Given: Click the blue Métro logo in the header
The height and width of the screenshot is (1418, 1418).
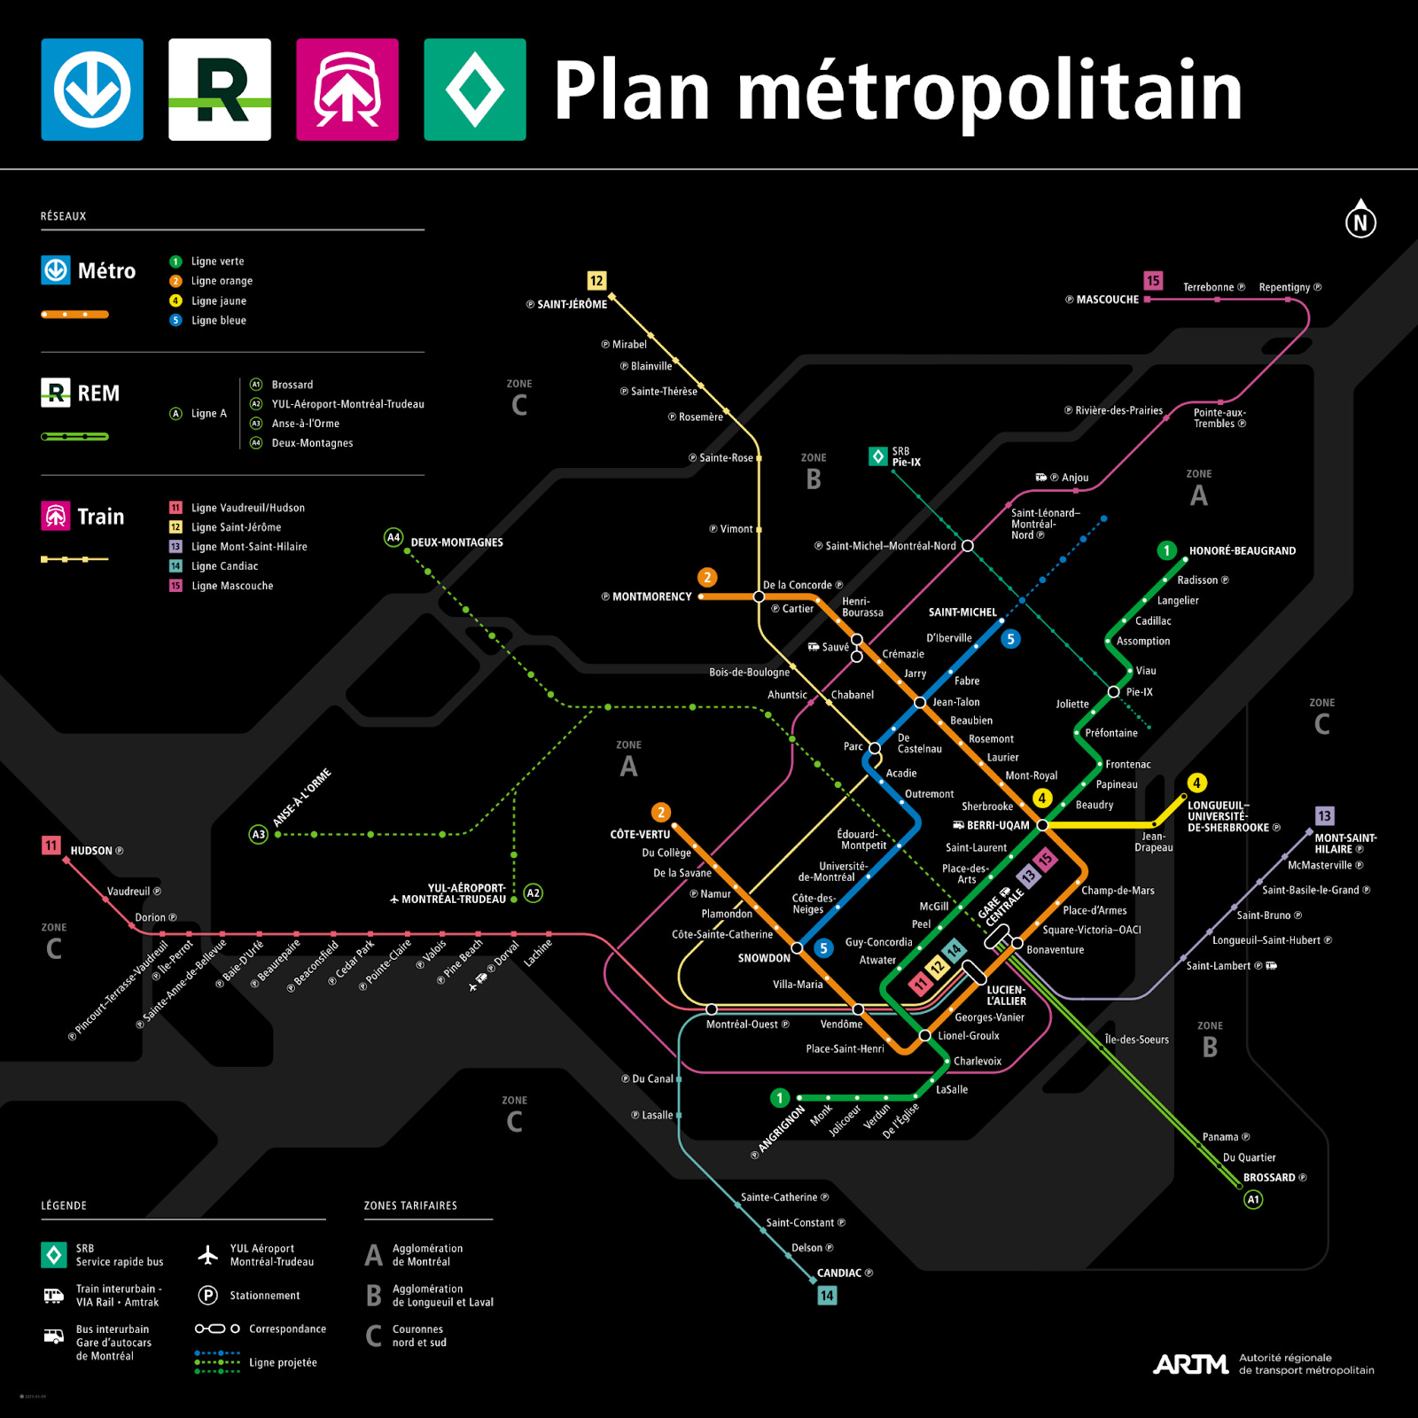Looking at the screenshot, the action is tap(92, 90).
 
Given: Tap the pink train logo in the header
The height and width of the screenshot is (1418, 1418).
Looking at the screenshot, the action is tap(347, 90).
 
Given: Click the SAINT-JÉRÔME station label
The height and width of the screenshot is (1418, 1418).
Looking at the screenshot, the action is tap(572, 304).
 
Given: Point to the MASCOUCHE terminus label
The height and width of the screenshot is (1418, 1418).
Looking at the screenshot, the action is tap(1107, 300).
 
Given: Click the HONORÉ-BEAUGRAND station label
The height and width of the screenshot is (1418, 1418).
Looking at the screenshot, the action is tap(1242, 550).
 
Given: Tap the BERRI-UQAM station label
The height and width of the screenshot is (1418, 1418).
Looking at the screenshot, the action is tap(997, 825).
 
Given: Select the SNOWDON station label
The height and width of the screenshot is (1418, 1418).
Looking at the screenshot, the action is tap(764, 958).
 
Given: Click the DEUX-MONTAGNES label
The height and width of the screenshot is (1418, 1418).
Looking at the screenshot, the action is tap(456, 542).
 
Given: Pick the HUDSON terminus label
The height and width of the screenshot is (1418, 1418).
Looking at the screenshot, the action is tap(91, 851).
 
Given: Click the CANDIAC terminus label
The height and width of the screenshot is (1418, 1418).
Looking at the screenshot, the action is tap(839, 1273).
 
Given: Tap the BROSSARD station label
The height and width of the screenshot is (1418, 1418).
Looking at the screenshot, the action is tap(1269, 1178).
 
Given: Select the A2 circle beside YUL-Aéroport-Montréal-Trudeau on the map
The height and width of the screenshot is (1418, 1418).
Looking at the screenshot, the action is tap(533, 893).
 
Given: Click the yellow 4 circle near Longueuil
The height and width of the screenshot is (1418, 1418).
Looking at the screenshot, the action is tap(1196, 783).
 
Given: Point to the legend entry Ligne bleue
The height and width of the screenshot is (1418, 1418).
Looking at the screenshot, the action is tap(218, 321).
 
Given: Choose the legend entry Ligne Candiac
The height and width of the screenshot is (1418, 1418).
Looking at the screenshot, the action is tap(224, 566).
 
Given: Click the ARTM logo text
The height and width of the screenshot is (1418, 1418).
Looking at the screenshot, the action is tap(1190, 1364).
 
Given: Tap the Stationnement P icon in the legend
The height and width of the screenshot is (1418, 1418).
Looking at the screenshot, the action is tap(207, 1296).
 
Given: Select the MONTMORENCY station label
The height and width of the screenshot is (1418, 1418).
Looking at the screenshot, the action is tap(651, 597).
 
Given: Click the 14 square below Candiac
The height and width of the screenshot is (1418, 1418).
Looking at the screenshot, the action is tap(826, 1296).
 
